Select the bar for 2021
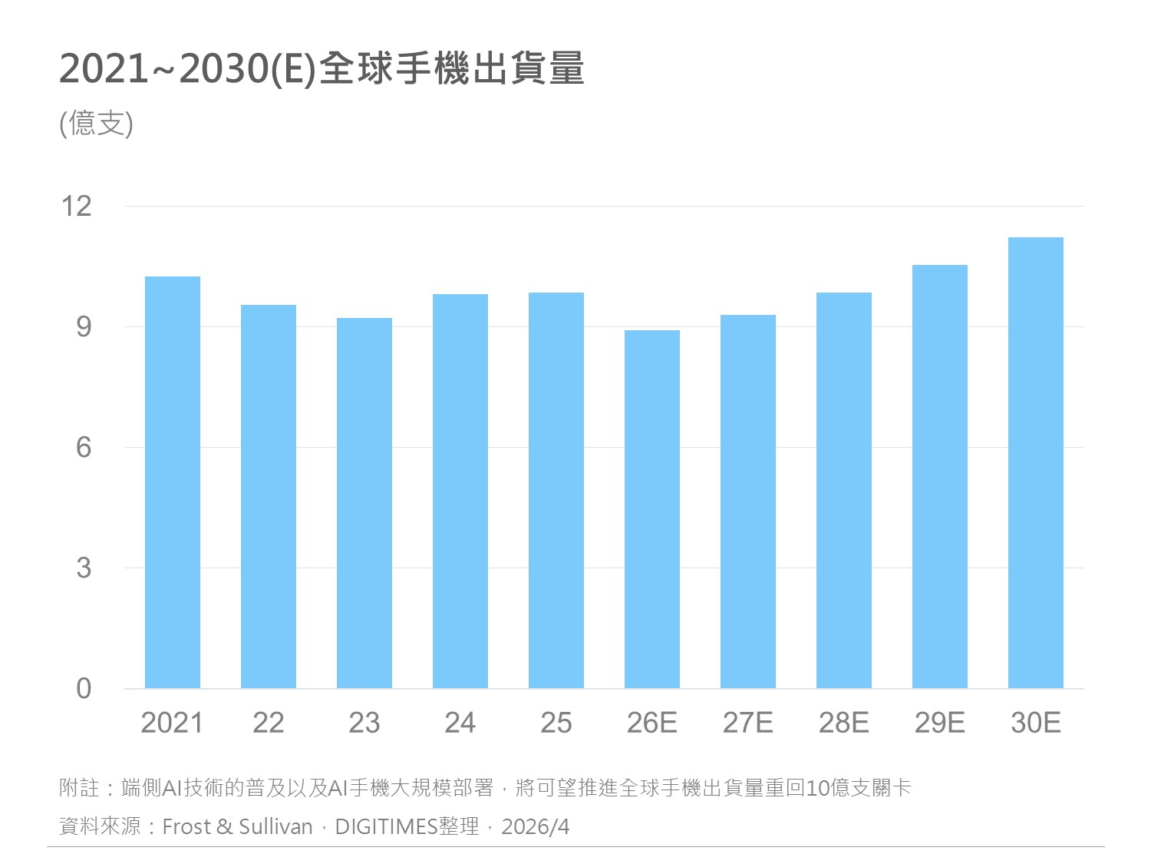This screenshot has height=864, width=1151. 173,482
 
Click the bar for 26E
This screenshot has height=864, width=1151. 652,509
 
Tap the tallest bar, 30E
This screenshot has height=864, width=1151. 1036,462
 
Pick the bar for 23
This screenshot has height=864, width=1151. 364,503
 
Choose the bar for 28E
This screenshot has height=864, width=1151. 844,490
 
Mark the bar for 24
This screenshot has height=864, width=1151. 460,491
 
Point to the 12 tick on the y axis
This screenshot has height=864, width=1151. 77,206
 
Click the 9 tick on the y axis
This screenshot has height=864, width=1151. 83,327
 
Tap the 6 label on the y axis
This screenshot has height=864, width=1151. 83,448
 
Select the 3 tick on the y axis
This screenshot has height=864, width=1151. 83,568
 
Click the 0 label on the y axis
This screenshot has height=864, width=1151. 83,689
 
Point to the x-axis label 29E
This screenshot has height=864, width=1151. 940,723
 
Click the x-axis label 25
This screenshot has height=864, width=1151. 556,723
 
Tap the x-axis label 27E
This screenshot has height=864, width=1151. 748,723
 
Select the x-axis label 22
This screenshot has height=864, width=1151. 269,723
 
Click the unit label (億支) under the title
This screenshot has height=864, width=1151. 97,124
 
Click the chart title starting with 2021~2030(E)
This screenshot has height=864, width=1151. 322,69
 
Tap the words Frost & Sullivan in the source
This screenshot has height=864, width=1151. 238,827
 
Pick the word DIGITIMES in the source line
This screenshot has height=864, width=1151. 386,827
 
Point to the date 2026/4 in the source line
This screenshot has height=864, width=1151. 536,827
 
